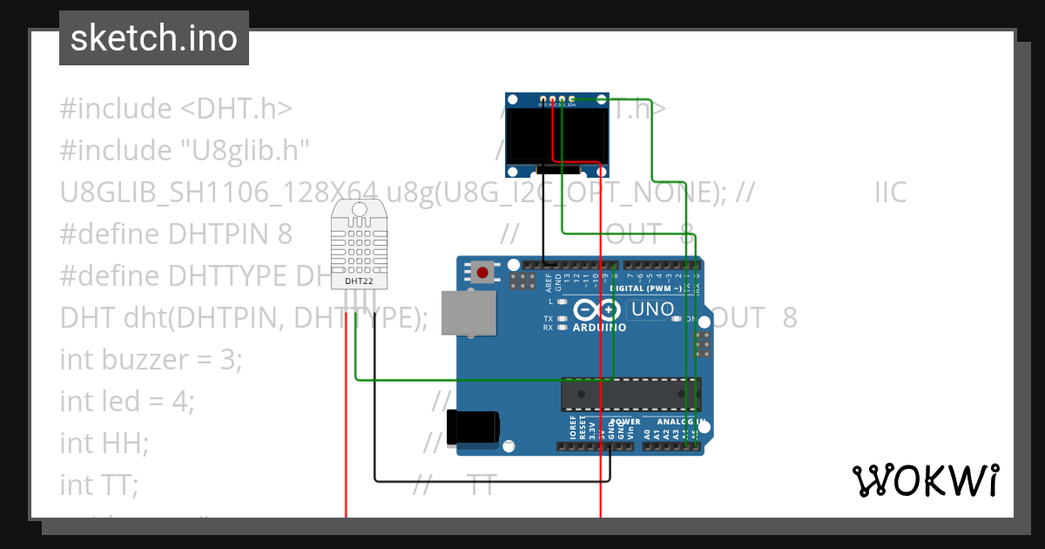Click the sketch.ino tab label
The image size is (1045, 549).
[x=154, y=38]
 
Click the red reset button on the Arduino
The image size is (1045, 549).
[x=482, y=273]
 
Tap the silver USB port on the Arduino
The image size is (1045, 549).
[x=468, y=312]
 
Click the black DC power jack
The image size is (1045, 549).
[x=472, y=427]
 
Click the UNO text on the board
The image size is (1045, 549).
[x=651, y=309]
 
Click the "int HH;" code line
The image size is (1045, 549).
[x=104, y=443]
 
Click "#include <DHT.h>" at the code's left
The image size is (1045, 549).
[x=174, y=109]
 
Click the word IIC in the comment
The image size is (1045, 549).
[x=890, y=192]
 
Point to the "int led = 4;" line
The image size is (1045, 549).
[x=126, y=401]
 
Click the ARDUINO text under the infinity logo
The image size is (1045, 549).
[x=600, y=328]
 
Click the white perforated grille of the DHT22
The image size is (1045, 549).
[x=360, y=244]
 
